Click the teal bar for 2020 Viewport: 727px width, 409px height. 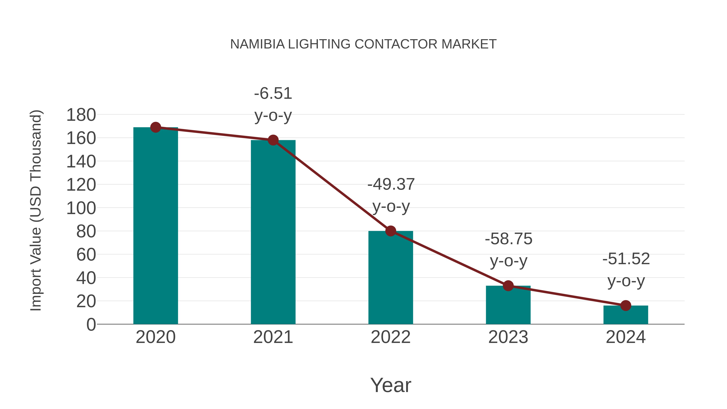(155, 226)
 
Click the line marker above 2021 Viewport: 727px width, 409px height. (273, 140)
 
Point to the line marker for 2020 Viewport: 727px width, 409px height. (155, 127)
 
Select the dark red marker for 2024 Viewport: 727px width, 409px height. (626, 305)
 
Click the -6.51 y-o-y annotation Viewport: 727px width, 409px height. (273, 104)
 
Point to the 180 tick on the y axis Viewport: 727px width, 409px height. (81, 115)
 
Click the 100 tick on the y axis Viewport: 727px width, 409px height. (81, 208)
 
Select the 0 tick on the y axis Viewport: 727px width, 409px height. (91, 324)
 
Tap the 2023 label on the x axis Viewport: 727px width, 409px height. (508, 337)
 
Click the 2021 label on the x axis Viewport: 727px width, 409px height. (273, 337)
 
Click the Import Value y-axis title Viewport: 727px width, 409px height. (36, 210)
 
